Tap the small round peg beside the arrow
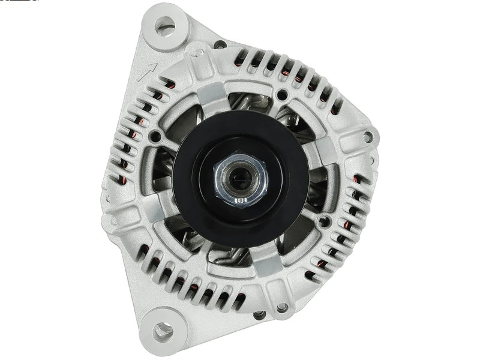[x=197, y=53]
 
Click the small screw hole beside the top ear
[x=218, y=44]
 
